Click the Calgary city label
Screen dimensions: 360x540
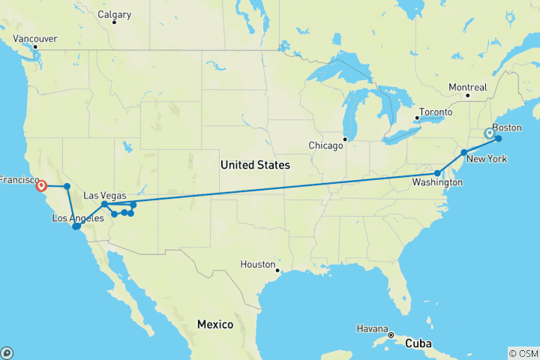[x=115, y=14]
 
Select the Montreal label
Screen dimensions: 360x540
[x=467, y=88]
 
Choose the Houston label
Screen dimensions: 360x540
[x=257, y=264]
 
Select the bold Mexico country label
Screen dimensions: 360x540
[x=214, y=324]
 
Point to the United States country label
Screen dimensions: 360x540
[x=255, y=164]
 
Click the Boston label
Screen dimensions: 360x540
[x=506, y=127]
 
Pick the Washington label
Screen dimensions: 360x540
[x=436, y=183]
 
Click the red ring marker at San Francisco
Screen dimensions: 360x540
[x=41, y=186]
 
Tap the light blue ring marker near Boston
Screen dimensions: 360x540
[x=490, y=133]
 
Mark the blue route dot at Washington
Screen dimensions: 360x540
[x=438, y=173]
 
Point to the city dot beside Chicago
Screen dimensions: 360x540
[x=345, y=139]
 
